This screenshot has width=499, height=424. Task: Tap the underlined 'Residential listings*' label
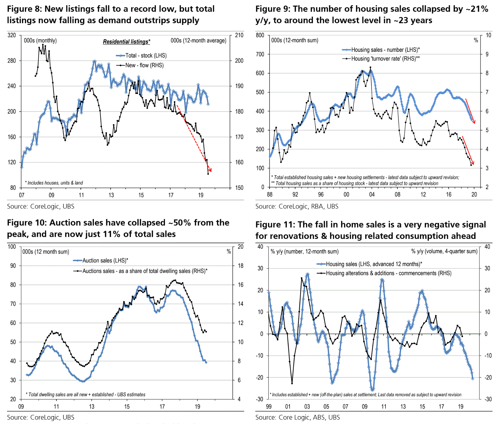point(127,42)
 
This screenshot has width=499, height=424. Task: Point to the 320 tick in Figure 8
point(12,35)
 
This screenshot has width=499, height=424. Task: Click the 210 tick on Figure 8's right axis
point(239,35)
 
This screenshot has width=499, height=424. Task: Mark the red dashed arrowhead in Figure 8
point(210,171)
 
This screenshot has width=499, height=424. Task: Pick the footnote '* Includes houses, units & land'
point(54,183)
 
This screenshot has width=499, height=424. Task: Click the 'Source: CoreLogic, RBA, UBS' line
point(297,206)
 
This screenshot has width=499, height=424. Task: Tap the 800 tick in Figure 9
point(260,35)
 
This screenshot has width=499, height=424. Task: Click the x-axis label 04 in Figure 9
point(372,195)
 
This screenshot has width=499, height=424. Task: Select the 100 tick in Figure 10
point(12,247)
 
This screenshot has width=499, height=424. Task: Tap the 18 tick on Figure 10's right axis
point(240,266)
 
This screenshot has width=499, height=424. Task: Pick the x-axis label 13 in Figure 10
point(92,407)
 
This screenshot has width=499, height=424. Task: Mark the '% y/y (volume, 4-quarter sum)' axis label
point(444,251)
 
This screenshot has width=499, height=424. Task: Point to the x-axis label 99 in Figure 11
point(269,407)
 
